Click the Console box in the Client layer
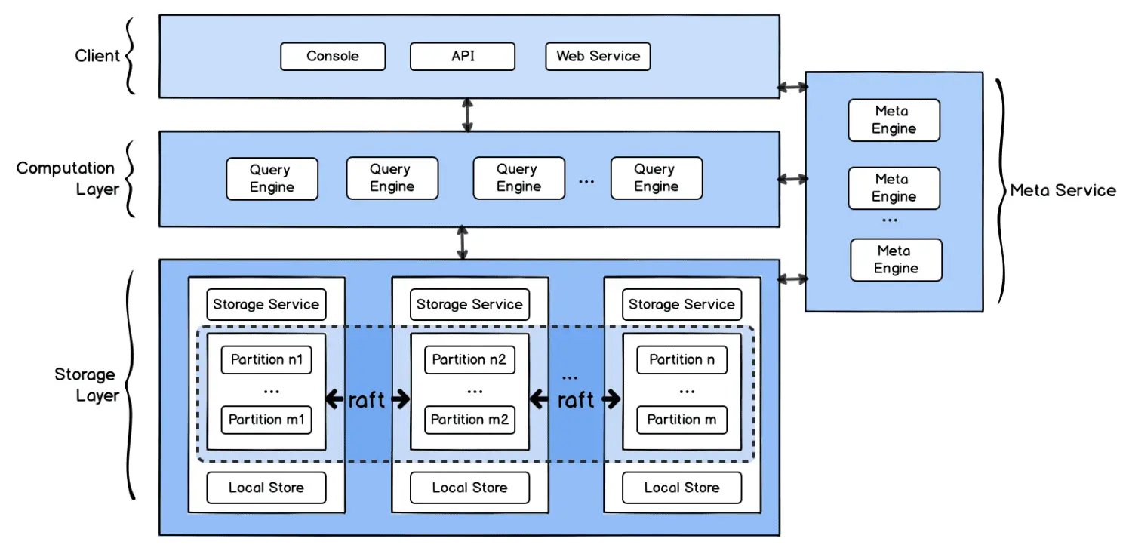[x=333, y=57]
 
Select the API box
[x=463, y=57]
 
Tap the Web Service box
[x=598, y=57]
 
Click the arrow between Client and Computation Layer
[x=468, y=115]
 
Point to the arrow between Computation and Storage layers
[x=462, y=243]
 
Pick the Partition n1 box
[x=266, y=360]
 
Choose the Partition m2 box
[x=469, y=420]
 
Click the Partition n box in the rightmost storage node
[x=681, y=360]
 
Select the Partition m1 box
[x=266, y=420]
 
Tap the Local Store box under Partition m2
[x=469, y=488]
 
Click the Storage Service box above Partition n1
[x=266, y=305]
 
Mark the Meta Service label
[x=1063, y=191]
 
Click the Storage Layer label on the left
[x=85, y=385]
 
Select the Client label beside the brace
[x=97, y=56]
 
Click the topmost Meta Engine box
[x=894, y=120]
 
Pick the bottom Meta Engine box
[x=896, y=260]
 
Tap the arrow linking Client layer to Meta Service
[x=792, y=88]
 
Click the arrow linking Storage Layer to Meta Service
[x=792, y=279]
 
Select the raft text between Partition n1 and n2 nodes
[x=367, y=400]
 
